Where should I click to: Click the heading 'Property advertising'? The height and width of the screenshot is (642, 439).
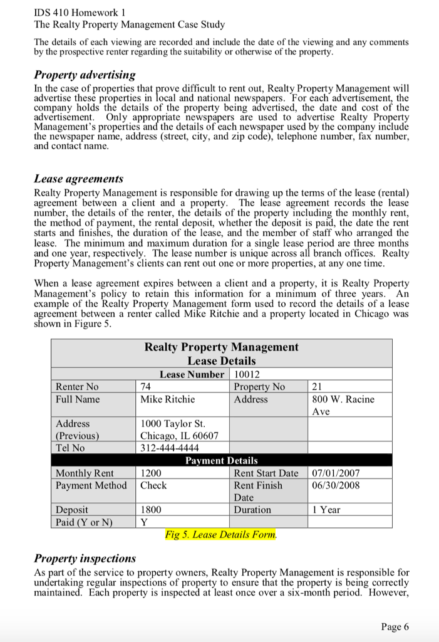[85, 75]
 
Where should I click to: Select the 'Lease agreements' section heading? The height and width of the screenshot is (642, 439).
[79, 179]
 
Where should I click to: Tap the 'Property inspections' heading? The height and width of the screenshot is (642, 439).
[85, 558]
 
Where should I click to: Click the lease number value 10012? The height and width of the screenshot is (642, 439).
[245, 374]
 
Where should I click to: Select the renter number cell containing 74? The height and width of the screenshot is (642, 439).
[147, 387]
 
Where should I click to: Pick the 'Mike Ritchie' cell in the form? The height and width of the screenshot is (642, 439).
[167, 399]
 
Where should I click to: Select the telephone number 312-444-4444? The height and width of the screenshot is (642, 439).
[170, 448]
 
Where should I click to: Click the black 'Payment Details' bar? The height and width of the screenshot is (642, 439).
[221, 460]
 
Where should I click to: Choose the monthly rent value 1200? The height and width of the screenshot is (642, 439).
[151, 473]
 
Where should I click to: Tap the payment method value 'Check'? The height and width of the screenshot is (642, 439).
[153, 485]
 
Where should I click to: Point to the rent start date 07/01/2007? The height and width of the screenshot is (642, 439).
[336, 473]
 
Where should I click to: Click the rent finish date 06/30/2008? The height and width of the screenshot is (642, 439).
[336, 485]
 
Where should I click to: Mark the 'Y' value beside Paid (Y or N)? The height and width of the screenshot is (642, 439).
[143, 522]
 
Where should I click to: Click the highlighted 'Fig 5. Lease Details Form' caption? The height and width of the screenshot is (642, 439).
[220, 535]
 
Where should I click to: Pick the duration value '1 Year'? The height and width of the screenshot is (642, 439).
[326, 510]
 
